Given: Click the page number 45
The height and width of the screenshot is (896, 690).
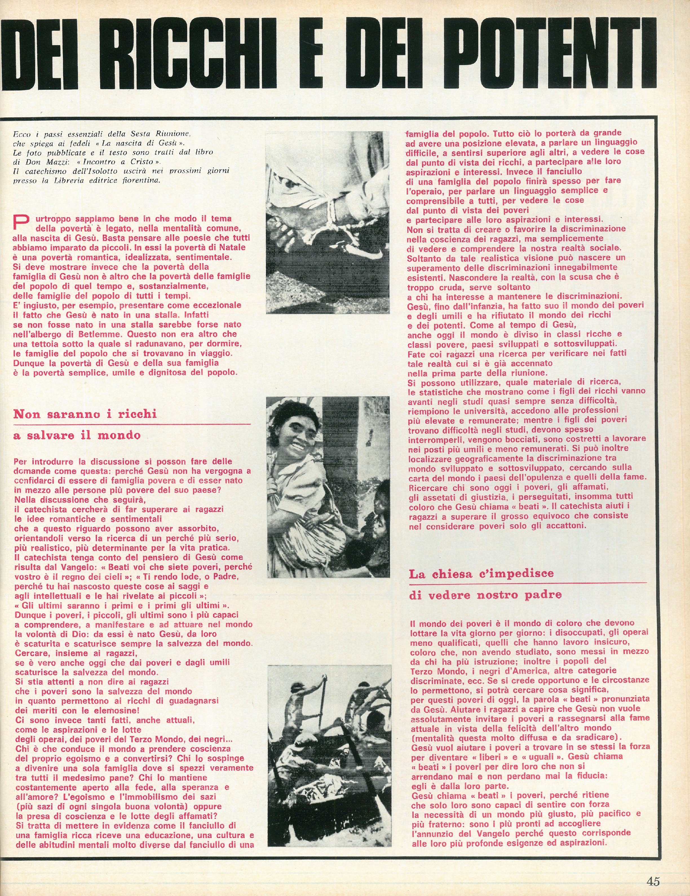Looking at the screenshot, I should [653, 881].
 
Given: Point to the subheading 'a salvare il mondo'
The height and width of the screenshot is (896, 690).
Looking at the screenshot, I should [77, 435].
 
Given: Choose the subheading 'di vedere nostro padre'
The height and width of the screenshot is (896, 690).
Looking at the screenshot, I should [485, 595].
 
